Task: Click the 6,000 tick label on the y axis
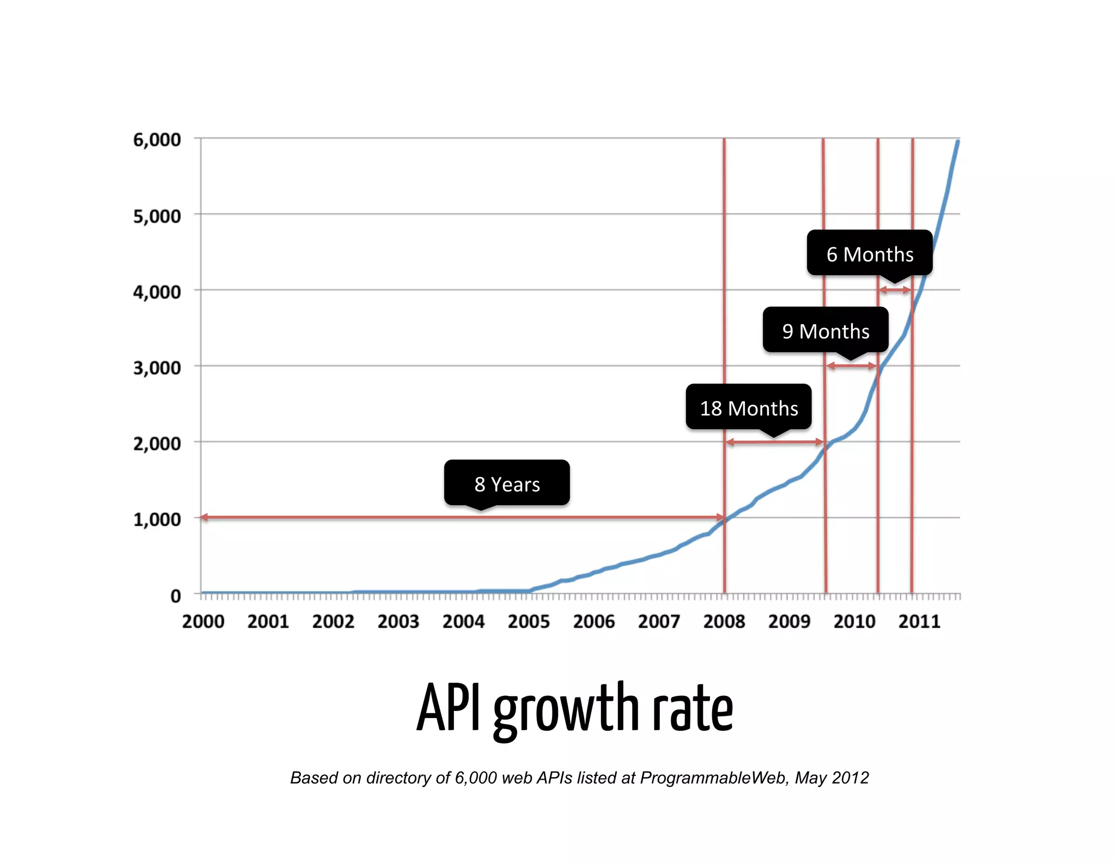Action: (157, 140)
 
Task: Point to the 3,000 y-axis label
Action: (157, 368)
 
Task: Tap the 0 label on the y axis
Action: (175, 596)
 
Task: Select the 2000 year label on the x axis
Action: (203, 622)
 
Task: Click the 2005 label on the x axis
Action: (529, 622)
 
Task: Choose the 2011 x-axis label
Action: (919, 622)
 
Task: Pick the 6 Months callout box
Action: (870, 254)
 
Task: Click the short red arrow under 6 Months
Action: (895, 290)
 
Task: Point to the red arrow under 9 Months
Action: (851, 366)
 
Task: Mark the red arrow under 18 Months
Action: (774, 442)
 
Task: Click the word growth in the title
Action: (566, 709)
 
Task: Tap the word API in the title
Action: (449, 707)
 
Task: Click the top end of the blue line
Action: (957, 142)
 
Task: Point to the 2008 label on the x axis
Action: (724, 622)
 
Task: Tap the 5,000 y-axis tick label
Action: (157, 216)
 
